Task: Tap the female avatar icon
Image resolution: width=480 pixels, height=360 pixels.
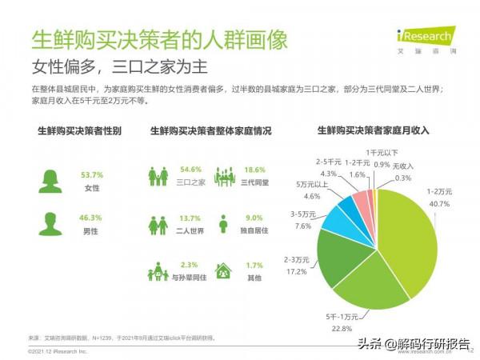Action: pos(50,180)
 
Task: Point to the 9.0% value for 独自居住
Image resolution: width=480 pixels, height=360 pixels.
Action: pos(254,218)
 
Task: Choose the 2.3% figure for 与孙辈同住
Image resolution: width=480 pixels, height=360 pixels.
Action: pos(190,265)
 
